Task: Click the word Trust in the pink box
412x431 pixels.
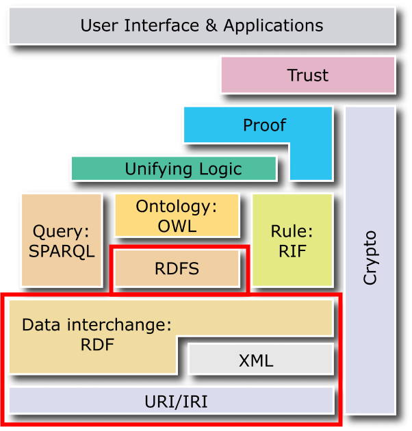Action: click(x=307, y=75)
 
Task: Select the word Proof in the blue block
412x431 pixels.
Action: click(x=264, y=125)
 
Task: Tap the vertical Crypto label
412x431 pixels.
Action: click(x=370, y=258)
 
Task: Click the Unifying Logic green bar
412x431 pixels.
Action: click(x=175, y=168)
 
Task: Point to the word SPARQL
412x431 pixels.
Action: click(x=62, y=250)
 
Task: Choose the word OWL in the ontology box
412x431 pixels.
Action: click(x=177, y=226)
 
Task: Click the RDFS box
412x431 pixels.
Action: click(x=177, y=268)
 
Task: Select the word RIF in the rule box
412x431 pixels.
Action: click(x=292, y=250)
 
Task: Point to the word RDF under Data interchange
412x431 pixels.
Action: click(x=96, y=344)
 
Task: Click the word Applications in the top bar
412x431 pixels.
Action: click(x=273, y=26)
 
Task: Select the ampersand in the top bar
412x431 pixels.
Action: click(x=209, y=26)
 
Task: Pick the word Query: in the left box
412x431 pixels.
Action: click(x=62, y=231)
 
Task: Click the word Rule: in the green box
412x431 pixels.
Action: click(x=292, y=231)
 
